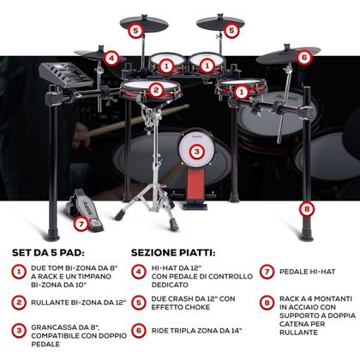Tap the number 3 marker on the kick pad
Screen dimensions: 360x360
196,153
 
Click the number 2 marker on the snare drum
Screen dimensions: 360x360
155,89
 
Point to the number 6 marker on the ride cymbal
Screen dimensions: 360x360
303,57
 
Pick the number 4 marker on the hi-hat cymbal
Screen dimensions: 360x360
111,58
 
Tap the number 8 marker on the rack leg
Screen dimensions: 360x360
306,208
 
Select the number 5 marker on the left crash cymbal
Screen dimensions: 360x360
135,29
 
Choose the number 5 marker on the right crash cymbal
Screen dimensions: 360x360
231,30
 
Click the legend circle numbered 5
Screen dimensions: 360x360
139,303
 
